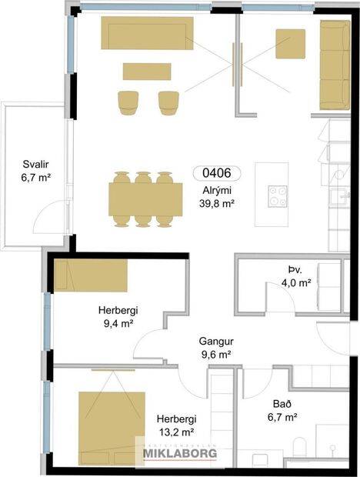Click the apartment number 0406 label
pos(215,174)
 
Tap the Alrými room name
pos(216,190)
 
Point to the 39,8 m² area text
pos(216,204)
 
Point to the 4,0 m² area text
pos(296,282)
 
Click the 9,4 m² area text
pos(116,325)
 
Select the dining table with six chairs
pos(142,199)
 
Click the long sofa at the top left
pos(147,33)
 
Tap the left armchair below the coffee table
pos(128,102)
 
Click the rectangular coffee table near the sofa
pos(147,71)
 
